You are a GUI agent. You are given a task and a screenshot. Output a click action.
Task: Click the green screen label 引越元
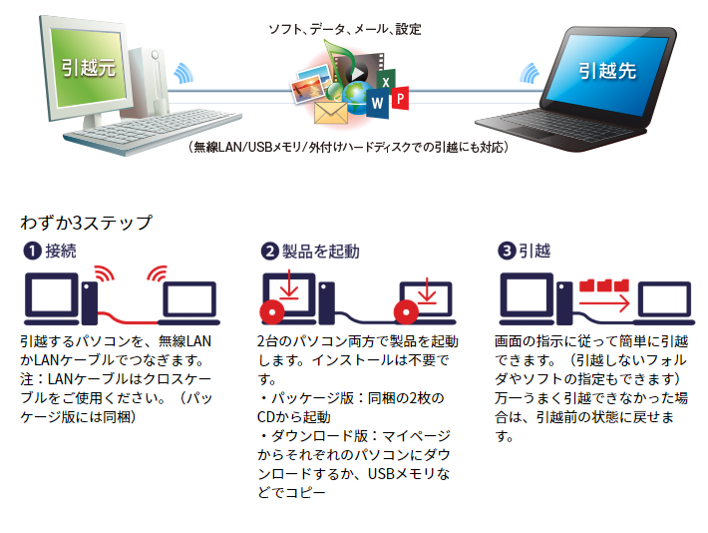pyautogui.click(x=89, y=68)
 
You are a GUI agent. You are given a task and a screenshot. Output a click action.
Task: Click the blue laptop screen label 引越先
pyautogui.click(x=607, y=71)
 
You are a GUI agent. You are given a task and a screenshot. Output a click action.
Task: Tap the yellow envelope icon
pyautogui.click(x=330, y=113)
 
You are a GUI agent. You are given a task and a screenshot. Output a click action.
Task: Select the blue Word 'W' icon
pyautogui.click(x=377, y=103)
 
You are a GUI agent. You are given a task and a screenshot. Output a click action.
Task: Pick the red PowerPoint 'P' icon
pyautogui.click(x=400, y=98)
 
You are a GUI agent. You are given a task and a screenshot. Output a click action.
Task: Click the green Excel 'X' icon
pyautogui.click(x=386, y=82)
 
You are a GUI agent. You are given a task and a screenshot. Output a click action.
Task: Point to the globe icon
pyautogui.click(x=357, y=97)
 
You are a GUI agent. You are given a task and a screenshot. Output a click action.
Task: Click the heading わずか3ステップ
pyautogui.click(x=86, y=223)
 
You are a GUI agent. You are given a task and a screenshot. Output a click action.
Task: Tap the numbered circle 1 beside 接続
pyautogui.click(x=32, y=251)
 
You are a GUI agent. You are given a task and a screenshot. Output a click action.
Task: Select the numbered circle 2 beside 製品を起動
pyautogui.click(x=269, y=251)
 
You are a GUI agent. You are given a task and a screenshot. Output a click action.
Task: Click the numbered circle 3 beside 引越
pyautogui.click(x=507, y=251)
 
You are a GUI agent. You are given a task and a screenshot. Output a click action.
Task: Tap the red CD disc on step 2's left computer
pyautogui.click(x=272, y=312)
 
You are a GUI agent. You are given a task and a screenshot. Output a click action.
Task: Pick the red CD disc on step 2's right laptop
pyautogui.click(x=406, y=312)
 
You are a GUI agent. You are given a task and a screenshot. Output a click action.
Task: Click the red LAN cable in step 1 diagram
pyautogui.click(x=128, y=319)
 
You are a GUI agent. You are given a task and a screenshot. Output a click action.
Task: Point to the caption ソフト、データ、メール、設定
pyautogui.click(x=345, y=29)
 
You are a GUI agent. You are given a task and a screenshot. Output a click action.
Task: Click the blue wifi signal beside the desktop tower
pyautogui.click(x=183, y=73)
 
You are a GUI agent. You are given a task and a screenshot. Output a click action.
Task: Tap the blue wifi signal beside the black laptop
pyautogui.click(x=530, y=73)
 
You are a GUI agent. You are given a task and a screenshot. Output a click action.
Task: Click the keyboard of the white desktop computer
pyautogui.click(x=154, y=129)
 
